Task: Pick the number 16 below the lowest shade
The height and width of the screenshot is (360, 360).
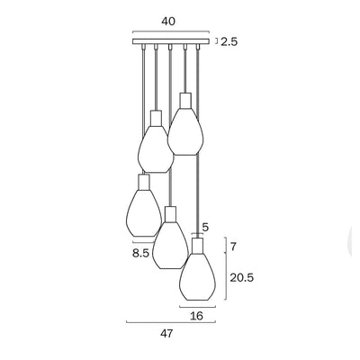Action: [197, 316]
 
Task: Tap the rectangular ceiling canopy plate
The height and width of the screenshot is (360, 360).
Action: [170, 41]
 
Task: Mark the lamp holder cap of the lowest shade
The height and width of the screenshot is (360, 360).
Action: [197, 245]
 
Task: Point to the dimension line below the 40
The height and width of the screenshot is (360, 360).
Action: [170, 33]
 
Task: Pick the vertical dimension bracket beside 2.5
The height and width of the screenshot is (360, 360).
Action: [217, 41]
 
